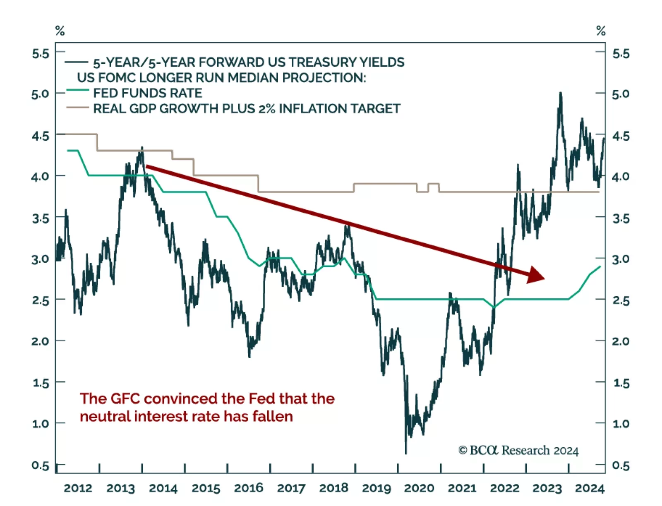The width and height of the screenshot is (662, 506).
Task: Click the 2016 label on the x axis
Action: pos(248,488)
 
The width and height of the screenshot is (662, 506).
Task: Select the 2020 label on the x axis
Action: pos(419,488)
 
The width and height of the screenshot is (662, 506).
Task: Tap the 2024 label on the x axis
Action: pos(590,488)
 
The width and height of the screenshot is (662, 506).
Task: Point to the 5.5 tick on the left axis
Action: pos(40,53)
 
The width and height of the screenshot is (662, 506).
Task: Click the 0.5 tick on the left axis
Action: pos(40,465)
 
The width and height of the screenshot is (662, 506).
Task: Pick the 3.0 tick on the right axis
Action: pos(621,259)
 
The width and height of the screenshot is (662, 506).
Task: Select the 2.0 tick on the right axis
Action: pos(621,341)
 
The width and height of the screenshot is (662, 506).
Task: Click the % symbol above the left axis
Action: pos(60,31)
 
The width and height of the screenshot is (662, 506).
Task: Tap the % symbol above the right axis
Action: pos(601,31)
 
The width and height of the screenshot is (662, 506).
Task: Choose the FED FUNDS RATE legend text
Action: pos(148,93)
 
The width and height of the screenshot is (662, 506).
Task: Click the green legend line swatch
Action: pos(77,90)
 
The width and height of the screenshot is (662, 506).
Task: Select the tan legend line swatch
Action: pos(77,108)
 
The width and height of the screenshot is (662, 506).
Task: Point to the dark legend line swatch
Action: pos(76,62)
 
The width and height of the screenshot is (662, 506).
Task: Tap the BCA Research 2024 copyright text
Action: pos(518,450)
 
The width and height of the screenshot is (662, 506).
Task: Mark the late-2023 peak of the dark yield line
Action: pos(561,94)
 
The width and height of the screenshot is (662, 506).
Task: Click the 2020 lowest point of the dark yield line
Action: pos(406,453)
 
